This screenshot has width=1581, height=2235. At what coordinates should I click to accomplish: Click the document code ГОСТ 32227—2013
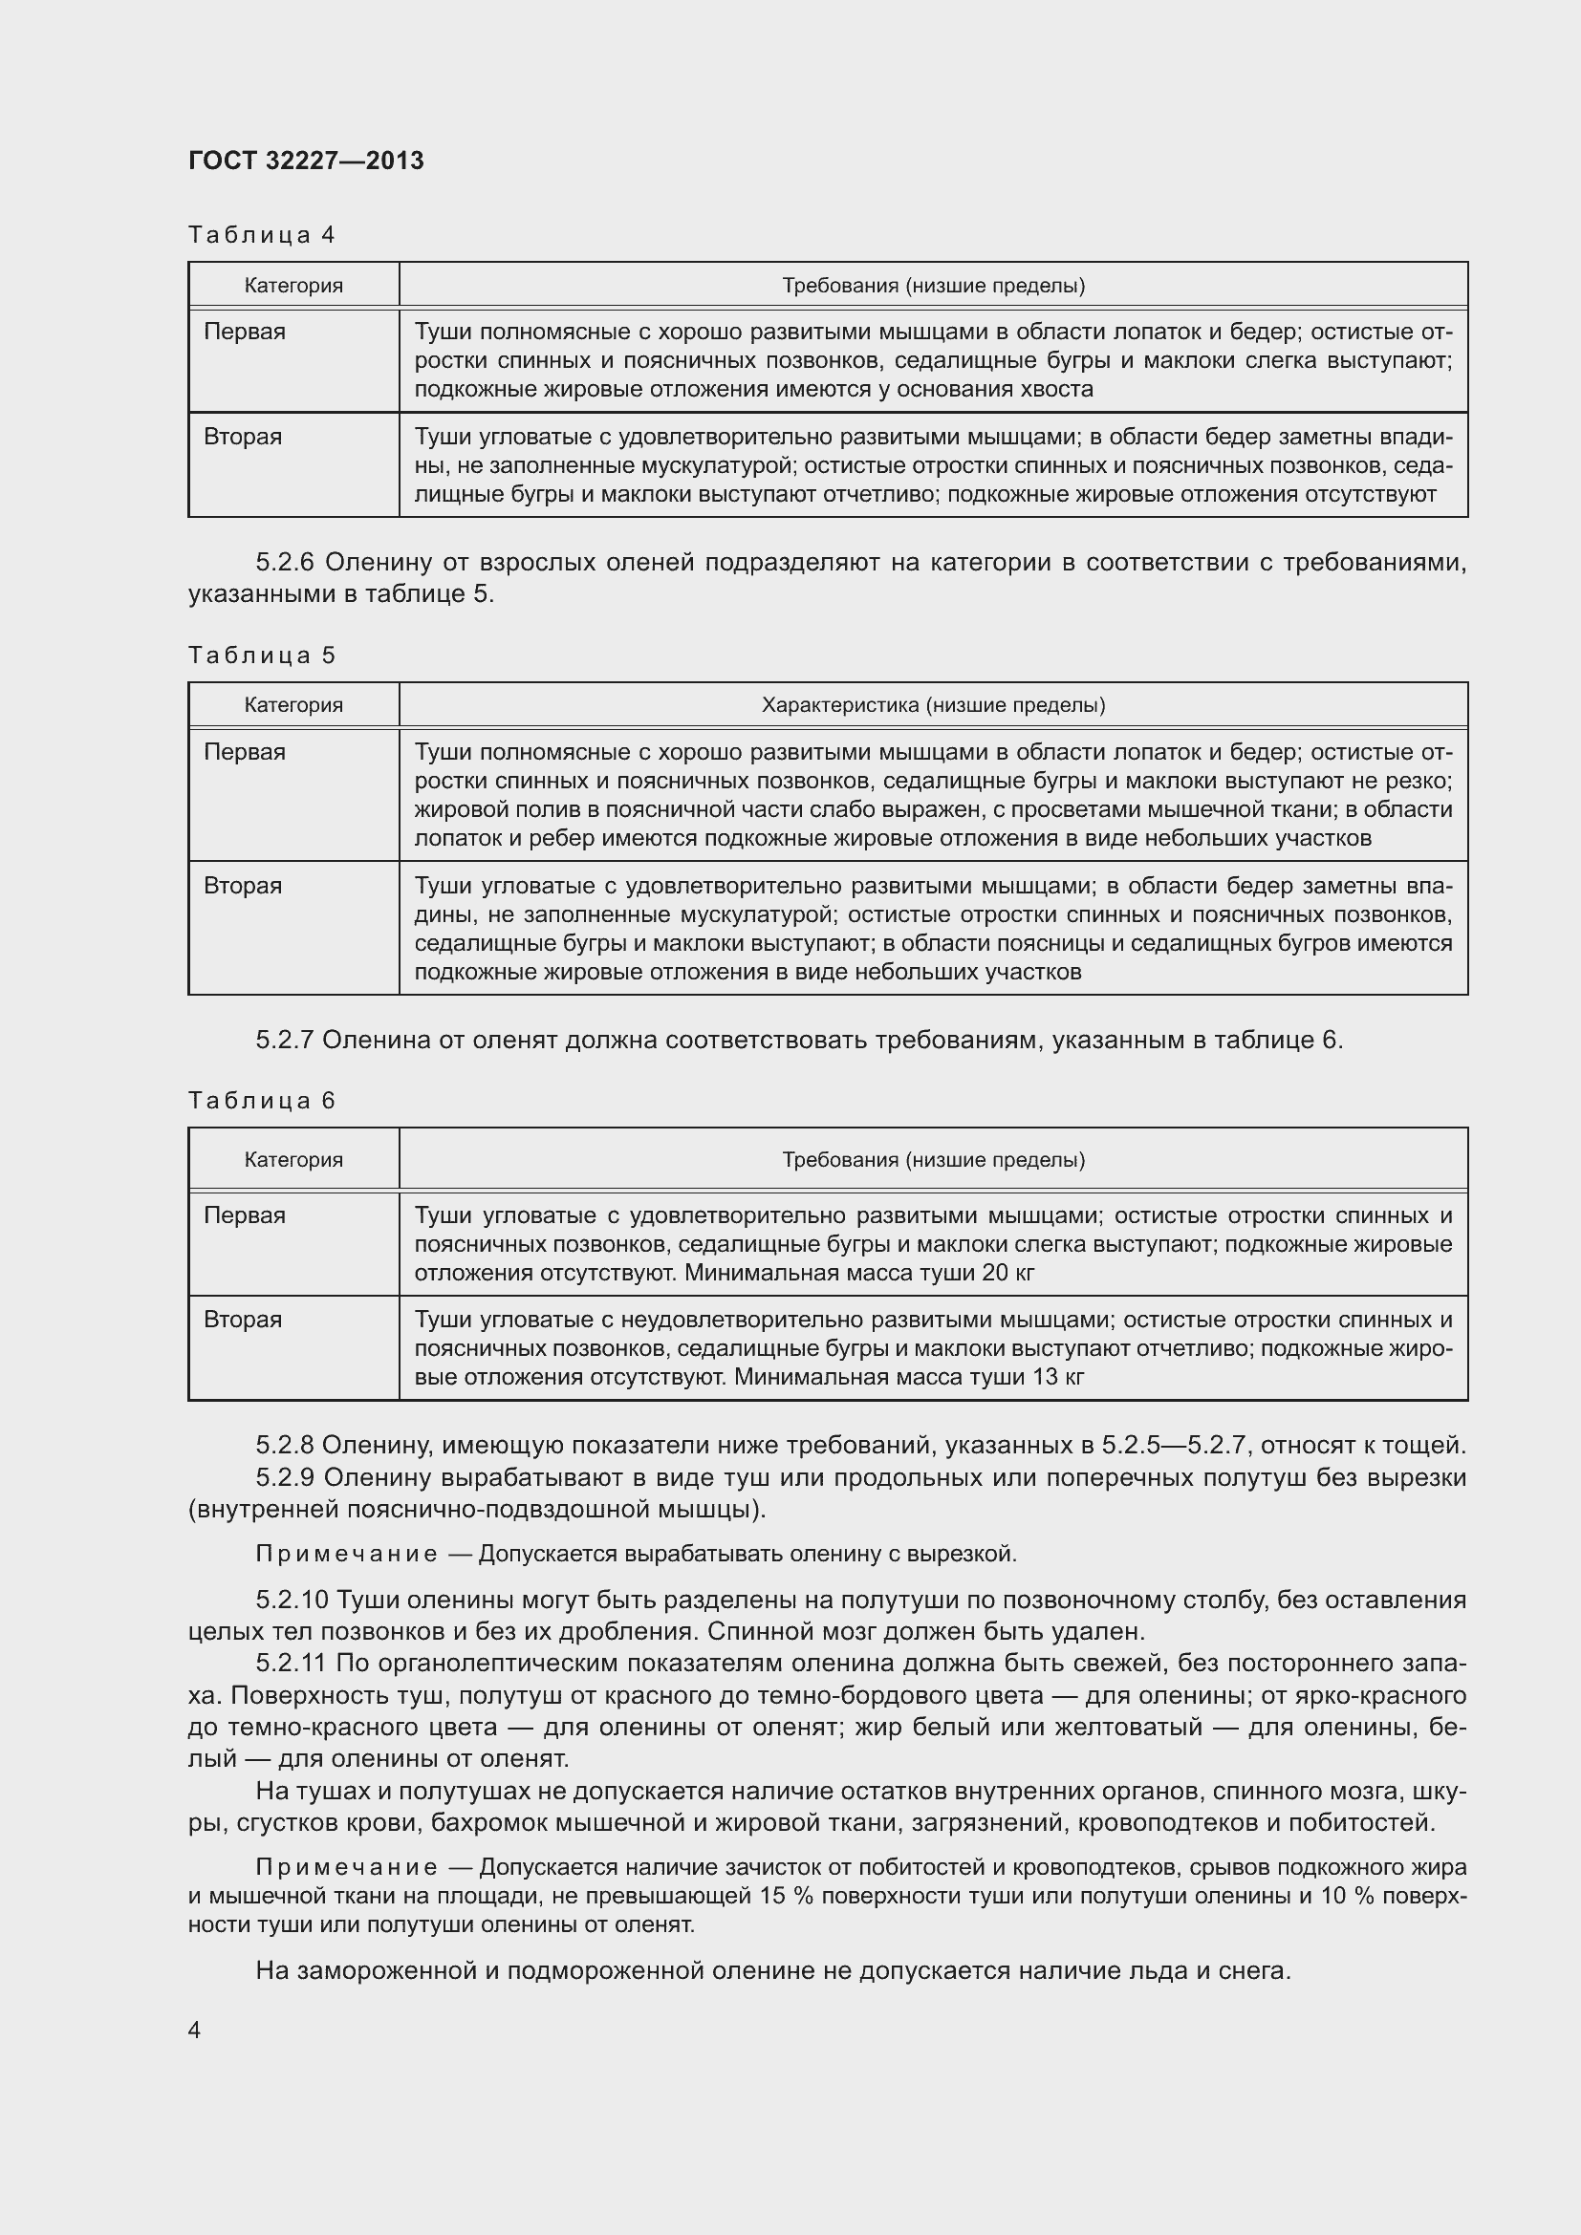[x=306, y=161]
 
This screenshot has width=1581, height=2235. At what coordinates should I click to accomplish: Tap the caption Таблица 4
[x=261, y=235]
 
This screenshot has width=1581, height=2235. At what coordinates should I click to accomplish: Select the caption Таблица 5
[x=261, y=655]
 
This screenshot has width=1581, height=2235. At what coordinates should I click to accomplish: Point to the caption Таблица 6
[x=261, y=1100]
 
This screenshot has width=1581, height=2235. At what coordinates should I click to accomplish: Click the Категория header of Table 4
[x=293, y=285]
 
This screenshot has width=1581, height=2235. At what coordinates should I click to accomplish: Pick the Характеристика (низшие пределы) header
[x=933, y=705]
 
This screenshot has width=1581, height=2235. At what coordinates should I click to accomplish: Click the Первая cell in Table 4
[x=245, y=332]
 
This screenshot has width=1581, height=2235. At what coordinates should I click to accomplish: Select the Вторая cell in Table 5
[x=243, y=886]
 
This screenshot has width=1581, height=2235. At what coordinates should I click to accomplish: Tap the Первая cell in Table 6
[x=245, y=1214]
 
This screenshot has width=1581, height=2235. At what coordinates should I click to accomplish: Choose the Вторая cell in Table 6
[x=243, y=1319]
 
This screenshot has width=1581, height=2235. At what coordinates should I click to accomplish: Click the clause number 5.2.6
[x=286, y=563]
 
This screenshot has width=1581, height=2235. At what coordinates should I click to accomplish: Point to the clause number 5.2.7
[x=284, y=1041]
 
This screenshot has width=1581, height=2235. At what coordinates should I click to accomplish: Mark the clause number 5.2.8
[x=284, y=1446]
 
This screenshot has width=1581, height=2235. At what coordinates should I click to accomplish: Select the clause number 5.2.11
[x=292, y=1664]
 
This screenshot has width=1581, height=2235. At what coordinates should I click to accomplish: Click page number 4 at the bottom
[x=194, y=2030]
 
